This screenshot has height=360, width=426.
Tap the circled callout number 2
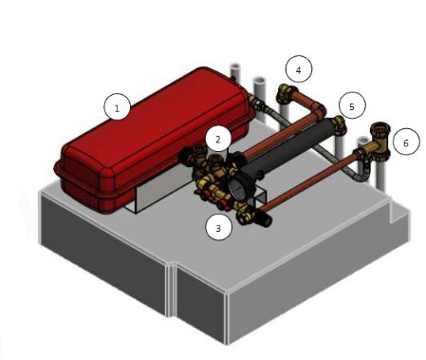[x=218, y=139]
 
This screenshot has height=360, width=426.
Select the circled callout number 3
[x=218, y=227]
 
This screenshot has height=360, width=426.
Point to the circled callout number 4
[x=299, y=69]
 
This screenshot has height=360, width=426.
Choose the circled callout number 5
[x=352, y=105]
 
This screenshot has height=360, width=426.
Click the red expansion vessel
[x=155, y=140]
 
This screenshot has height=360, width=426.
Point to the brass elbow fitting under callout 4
[x=286, y=92]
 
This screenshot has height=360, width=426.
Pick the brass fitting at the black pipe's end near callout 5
[x=338, y=124]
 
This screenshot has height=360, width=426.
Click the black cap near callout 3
[x=265, y=219]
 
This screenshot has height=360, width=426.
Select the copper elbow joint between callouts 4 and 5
[x=319, y=110]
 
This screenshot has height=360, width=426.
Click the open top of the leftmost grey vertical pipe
[x=234, y=67]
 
